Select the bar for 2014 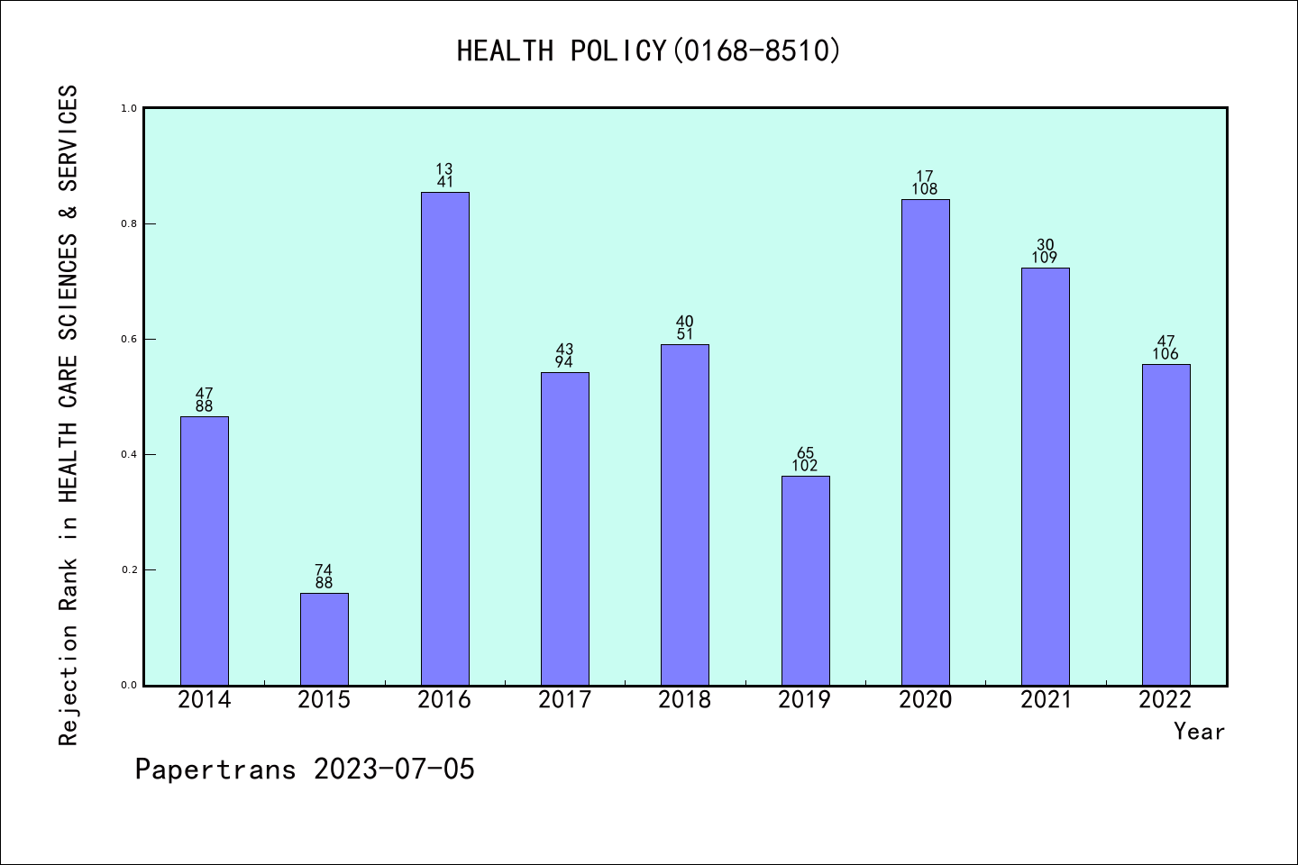pos(205,551)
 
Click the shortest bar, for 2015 pos(324,639)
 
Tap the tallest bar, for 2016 pos(445,439)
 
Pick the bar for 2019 pos(805,580)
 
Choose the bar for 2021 pos(1046,477)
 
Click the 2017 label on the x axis pos(564,700)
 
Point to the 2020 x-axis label pos(925,700)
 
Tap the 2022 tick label pos(1165,700)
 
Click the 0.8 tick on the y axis pos(128,223)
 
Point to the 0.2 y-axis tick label pos(128,569)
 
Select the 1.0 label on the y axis pos(128,108)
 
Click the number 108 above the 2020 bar pos(925,189)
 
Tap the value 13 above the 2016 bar pos(444,169)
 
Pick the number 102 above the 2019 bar pos(805,466)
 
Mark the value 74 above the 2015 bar pos(324,569)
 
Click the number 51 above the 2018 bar pos(685,334)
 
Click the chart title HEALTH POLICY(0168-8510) pos(648,50)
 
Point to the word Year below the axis pos(1199,732)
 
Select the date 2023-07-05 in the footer pos(394,769)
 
